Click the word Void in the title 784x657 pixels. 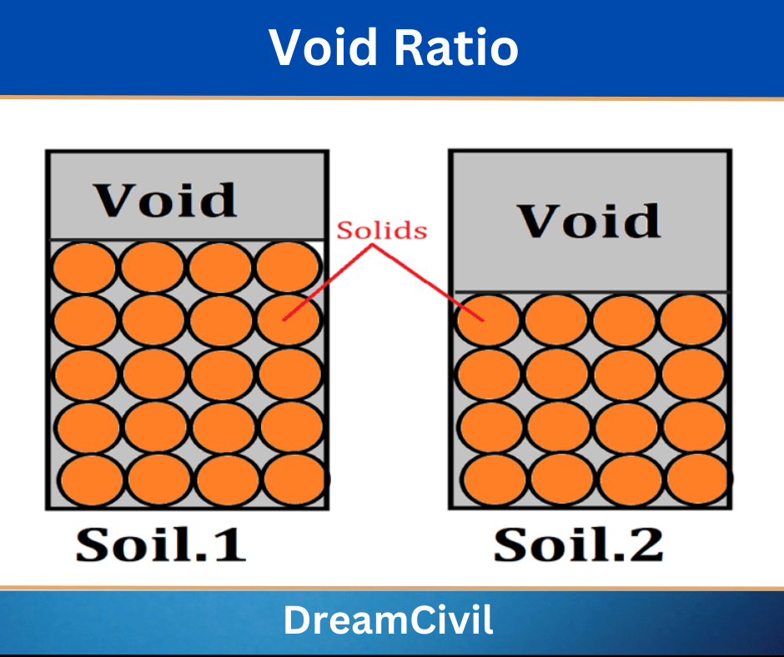point(325,48)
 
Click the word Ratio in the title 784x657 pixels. point(457,48)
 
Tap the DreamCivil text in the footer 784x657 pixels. point(388,621)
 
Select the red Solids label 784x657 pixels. point(381,231)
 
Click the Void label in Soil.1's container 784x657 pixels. point(165,200)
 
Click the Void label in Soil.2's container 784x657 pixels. point(590,221)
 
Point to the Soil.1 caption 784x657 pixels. point(161,544)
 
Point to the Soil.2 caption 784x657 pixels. point(578,544)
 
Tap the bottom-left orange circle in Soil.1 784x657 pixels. point(91,481)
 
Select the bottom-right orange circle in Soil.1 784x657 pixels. point(296,480)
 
